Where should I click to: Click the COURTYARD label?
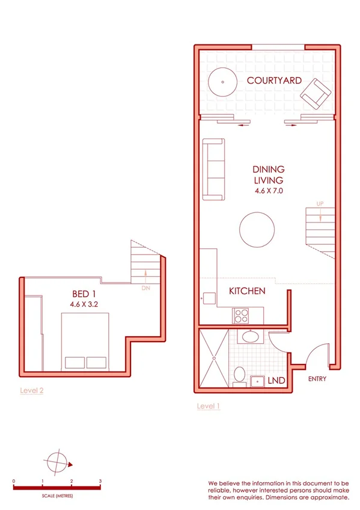pos(274,80)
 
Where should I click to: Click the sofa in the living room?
pos(213,170)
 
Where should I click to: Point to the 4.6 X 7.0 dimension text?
pos(269,191)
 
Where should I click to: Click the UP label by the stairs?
pos(320,203)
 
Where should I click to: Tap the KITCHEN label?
pos(247,291)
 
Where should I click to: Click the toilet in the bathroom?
pos(239,375)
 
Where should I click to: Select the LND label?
pos(276,381)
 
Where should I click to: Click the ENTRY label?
pos(317,379)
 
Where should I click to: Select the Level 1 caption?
pos(209,407)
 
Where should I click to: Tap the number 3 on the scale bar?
pos(100,482)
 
